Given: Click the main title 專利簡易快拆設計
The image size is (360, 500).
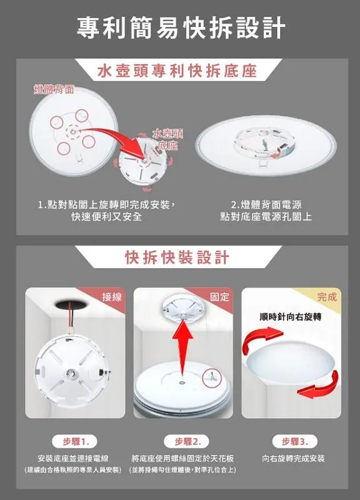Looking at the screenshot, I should tap(181, 28).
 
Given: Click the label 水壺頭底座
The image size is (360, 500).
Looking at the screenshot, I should tap(167, 139).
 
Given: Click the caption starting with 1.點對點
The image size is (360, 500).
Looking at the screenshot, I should tap(107, 210).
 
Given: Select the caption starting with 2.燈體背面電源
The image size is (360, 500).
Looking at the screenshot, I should tap(266, 210).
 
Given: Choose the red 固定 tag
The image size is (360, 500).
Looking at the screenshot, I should tap(220, 297).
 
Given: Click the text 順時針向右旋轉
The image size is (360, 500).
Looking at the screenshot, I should tap(289, 317).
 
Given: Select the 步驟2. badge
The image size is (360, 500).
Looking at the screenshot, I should tap(182, 441).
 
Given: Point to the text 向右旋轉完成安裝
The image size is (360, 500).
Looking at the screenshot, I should tap(293, 458).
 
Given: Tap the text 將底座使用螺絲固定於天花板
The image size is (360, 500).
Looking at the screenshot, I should tap(182, 458).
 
